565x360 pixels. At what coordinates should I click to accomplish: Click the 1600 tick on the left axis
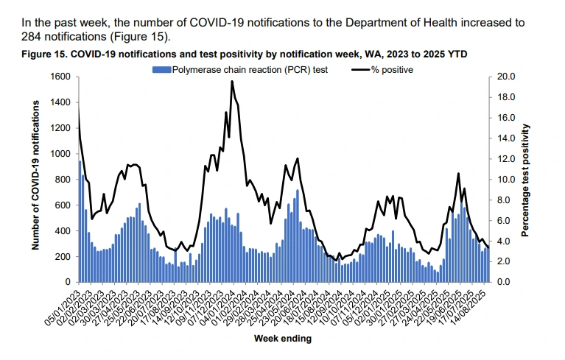coord(60,77)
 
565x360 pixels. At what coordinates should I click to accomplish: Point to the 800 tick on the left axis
coord(63,180)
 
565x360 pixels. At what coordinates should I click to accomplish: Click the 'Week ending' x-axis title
coord(282,339)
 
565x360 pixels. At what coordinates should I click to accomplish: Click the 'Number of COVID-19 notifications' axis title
coord(35,177)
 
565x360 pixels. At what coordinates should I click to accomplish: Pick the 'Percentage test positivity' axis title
coord(526,180)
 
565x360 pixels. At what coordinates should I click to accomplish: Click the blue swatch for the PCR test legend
coord(161,70)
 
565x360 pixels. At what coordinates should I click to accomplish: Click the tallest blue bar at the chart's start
coord(80,221)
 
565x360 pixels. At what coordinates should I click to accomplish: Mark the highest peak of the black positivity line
coord(232,82)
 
